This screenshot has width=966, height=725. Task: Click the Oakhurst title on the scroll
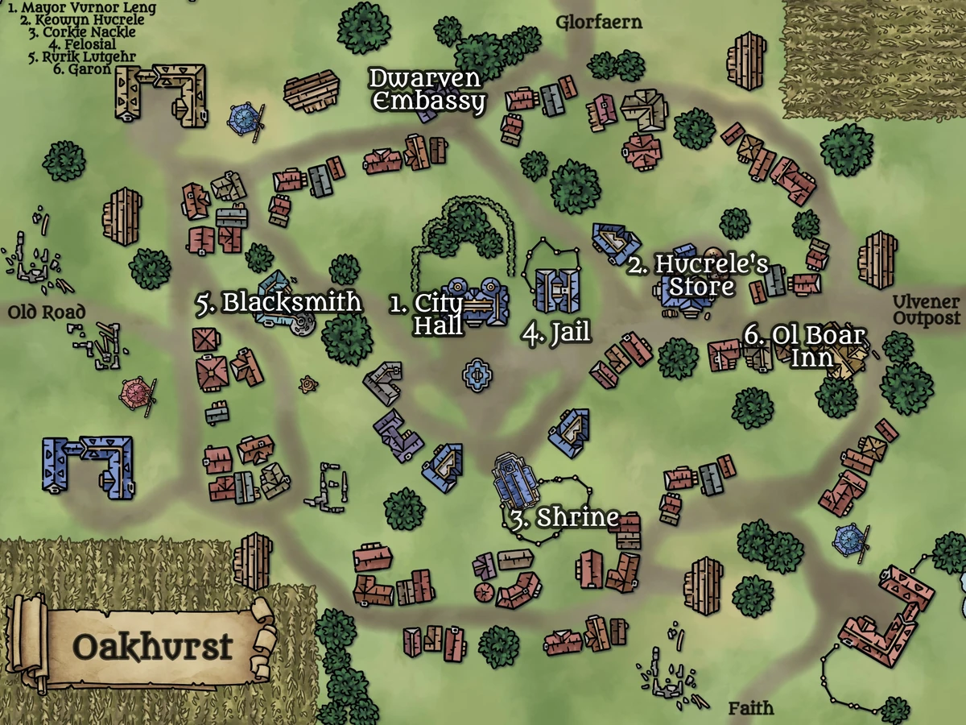coord(152,645)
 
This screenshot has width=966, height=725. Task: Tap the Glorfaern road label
coord(599,22)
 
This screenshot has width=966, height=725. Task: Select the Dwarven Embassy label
coord(427,90)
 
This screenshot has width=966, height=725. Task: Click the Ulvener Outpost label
coord(926,310)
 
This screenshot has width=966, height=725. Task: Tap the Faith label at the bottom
coord(750,708)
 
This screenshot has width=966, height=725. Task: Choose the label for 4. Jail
coord(555,333)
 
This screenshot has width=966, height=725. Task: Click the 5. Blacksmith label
coord(279,303)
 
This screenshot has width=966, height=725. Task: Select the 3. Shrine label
coord(564,517)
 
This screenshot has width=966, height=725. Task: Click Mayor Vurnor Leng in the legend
coord(81,8)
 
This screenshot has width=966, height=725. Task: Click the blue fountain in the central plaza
coord(478,375)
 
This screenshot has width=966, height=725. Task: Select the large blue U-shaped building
coord(88,465)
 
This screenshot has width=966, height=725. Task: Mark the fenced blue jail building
coord(558,288)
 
